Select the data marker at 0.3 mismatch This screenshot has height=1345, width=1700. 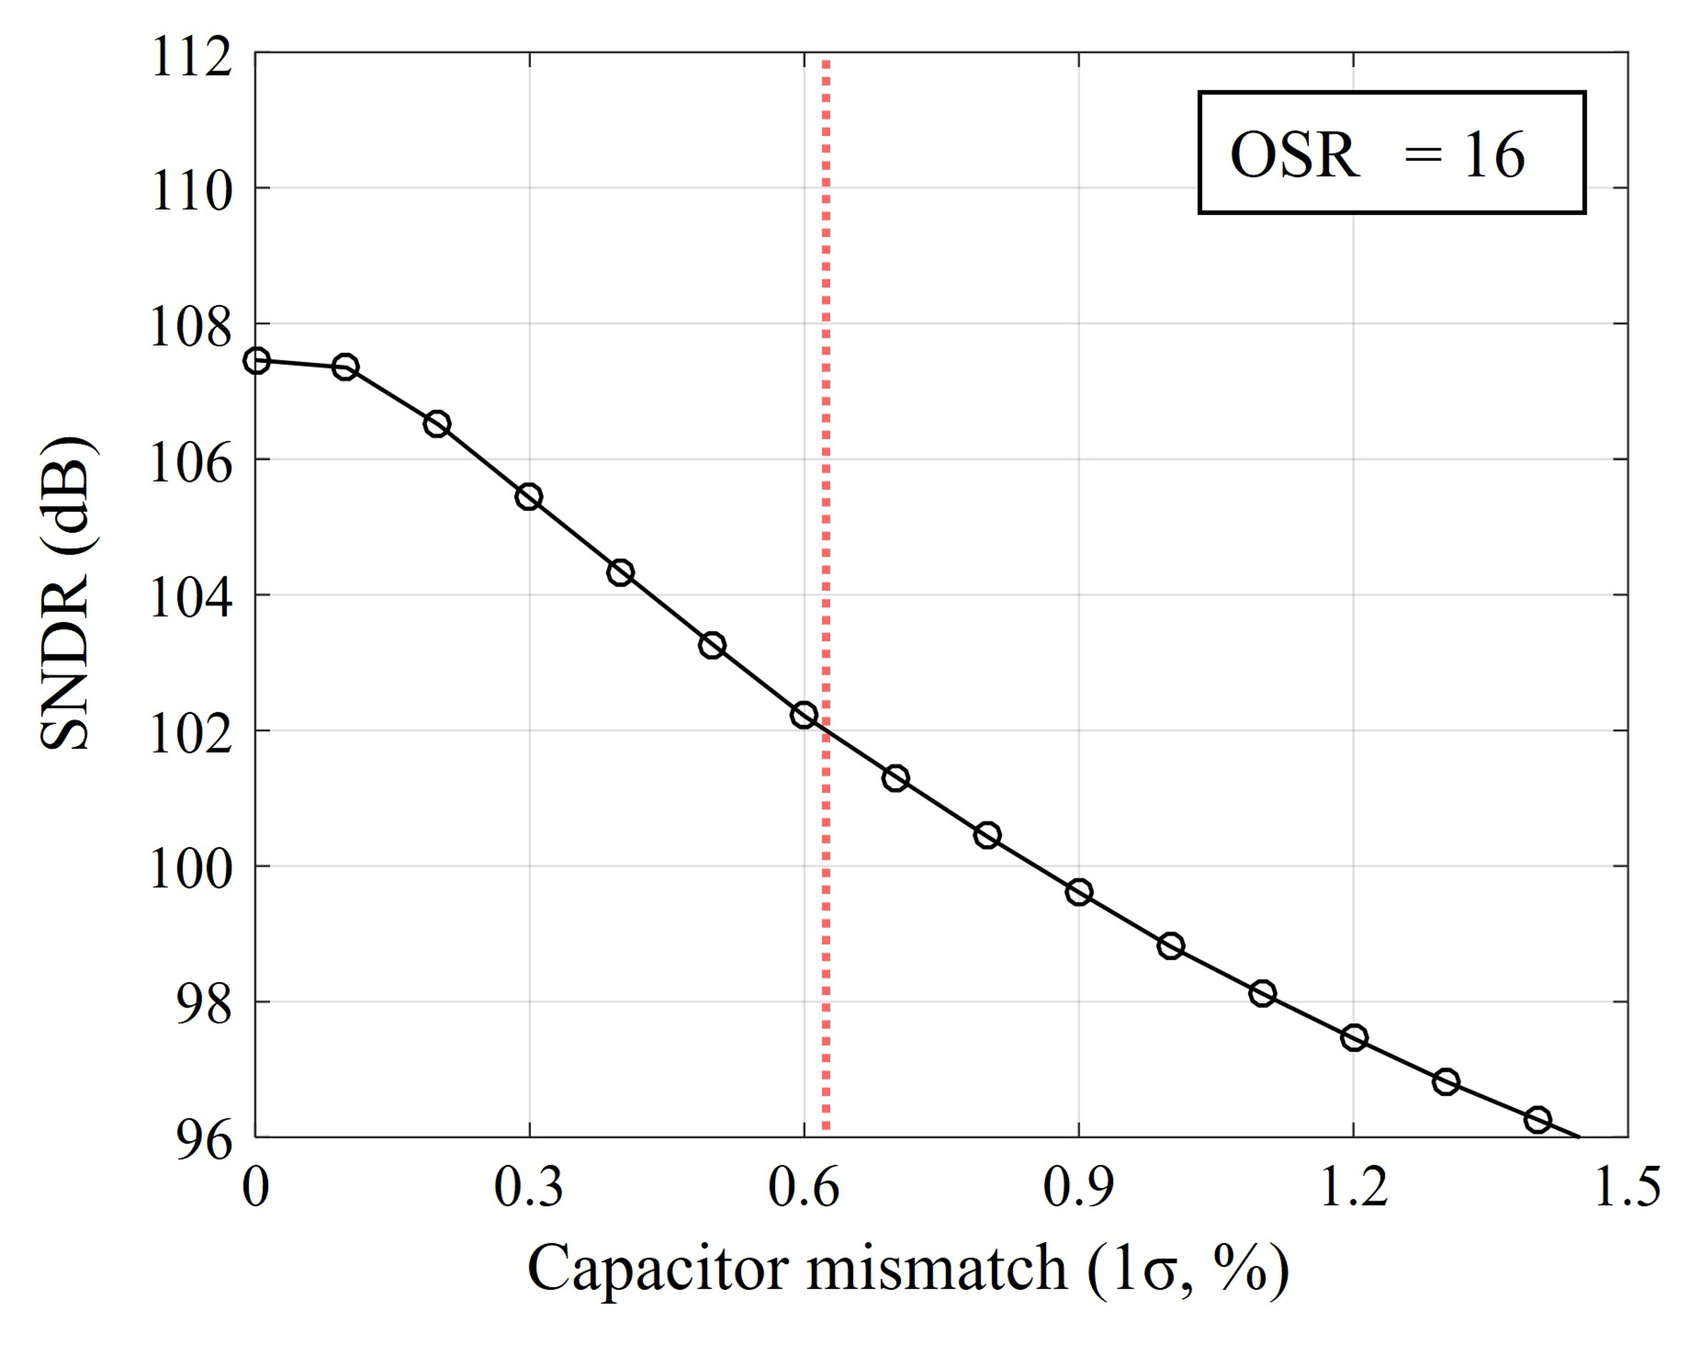point(529,497)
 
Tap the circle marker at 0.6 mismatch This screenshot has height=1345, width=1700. point(804,715)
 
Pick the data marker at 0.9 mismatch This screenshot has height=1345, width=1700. point(1079,892)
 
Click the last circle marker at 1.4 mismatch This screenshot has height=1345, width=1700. point(1537,1120)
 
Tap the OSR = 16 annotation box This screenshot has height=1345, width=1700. point(1392,153)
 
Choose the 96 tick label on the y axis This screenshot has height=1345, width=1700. point(203,1139)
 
